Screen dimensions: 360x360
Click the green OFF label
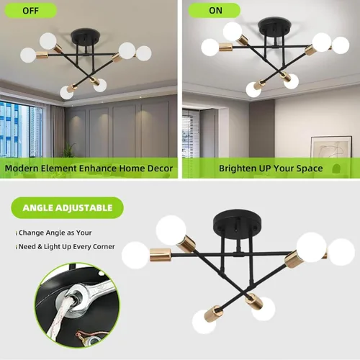(x=31, y=11)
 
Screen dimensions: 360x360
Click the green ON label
(x=215, y=11)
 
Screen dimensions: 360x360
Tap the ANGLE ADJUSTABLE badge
(x=68, y=207)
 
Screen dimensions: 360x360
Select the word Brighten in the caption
(x=238, y=168)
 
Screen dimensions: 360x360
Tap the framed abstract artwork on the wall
(x=331, y=147)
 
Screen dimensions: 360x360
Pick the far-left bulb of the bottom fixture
(x=135, y=255)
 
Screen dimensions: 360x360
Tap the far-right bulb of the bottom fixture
(x=341, y=252)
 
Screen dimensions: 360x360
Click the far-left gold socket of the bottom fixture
(x=161, y=255)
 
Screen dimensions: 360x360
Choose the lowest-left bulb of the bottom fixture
(x=204, y=322)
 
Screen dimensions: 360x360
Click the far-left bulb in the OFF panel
(x=28, y=55)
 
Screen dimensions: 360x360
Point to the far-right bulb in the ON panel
(x=341, y=45)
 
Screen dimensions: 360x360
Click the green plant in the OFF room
(x=69, y=150)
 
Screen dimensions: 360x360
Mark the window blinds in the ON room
(x=191, y=133)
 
